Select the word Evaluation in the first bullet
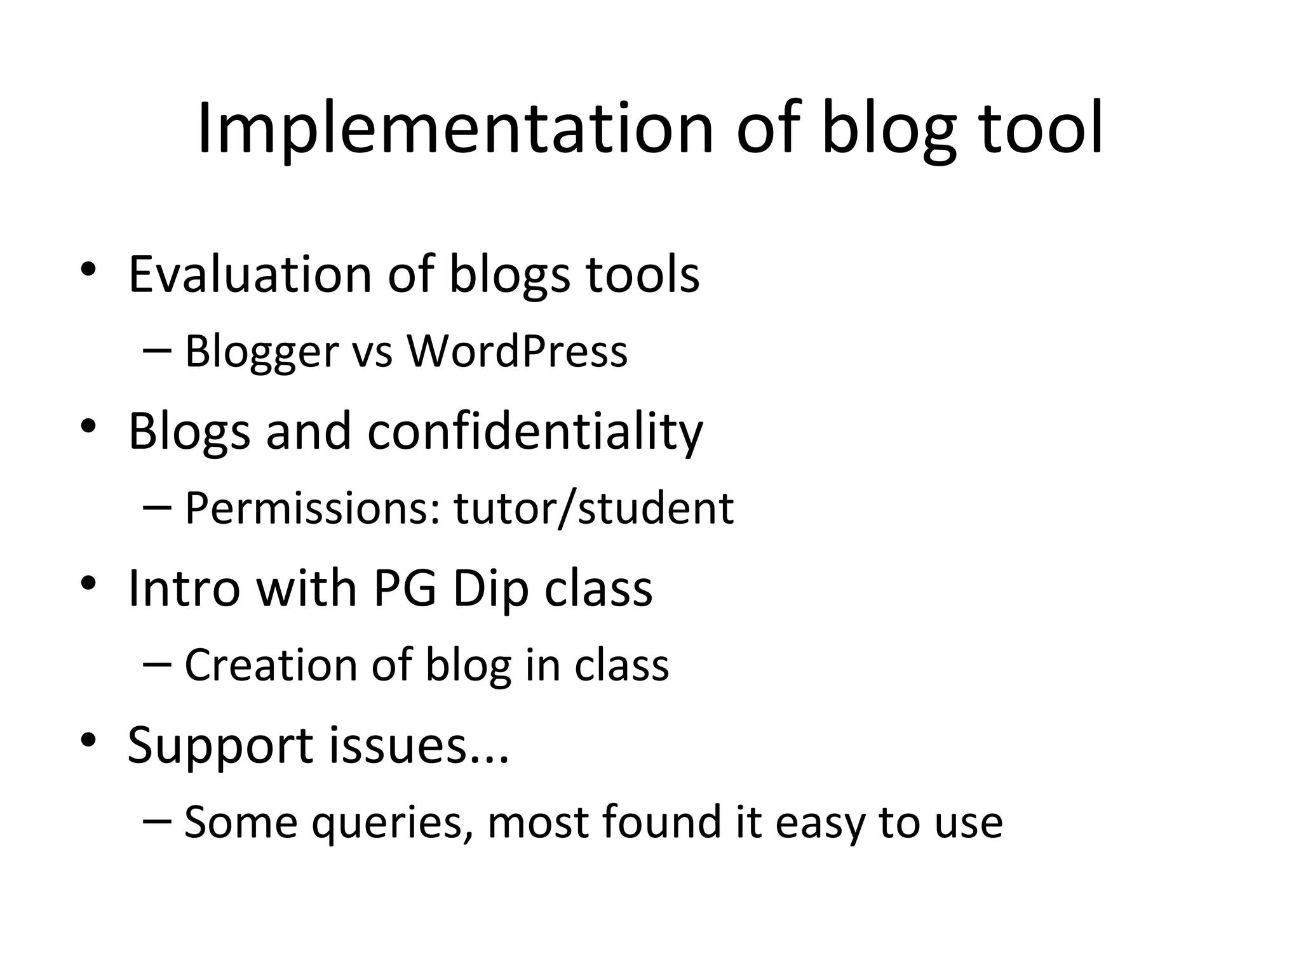coord(250,274)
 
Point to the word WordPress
coord(517,351)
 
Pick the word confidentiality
coord(535,432)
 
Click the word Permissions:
coord(312,508)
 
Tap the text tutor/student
coord(593,508)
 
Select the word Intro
coord(184,588)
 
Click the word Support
coord(220,746)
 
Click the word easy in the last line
coord(819,824)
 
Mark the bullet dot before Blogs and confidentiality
coord(88,426)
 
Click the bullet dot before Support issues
coord(88,740)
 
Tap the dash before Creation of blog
coord(157,664)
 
